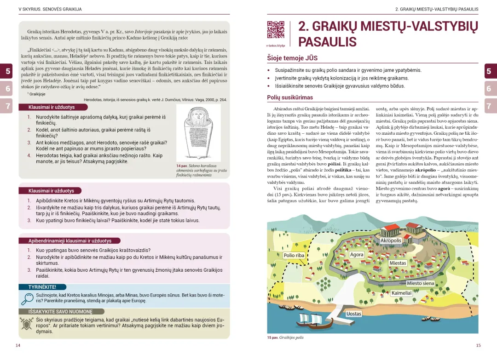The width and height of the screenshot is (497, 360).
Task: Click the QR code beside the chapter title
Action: tap(276, 30)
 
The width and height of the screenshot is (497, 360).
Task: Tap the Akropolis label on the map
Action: tap(391, 240)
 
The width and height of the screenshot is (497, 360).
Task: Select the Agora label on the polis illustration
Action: tap(357, 254)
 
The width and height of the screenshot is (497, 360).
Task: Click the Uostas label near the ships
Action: tap(354, 314)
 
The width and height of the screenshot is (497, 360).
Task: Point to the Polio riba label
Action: tap(294, 255)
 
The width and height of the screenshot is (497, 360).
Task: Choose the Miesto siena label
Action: tap(421, 283)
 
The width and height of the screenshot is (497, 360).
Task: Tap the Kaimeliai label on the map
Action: tap(401, 293)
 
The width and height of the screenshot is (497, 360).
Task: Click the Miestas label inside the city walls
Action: tap(398, 263)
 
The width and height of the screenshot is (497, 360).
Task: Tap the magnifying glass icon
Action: tap(27, 299)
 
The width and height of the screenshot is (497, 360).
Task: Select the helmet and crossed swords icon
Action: tap(27, 323)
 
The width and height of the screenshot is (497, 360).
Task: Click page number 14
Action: tap(18, 345)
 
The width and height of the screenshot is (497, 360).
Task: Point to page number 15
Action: tap(478, 345)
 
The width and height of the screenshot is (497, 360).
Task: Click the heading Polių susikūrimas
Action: tap(290, 97)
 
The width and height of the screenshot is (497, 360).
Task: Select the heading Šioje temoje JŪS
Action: tap(292, 58)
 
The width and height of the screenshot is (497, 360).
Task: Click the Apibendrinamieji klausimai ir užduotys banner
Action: tap(70, 240)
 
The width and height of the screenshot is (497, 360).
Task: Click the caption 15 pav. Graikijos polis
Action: tap(285, 337)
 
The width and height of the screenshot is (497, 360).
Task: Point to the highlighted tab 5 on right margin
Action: tap(489, 71)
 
